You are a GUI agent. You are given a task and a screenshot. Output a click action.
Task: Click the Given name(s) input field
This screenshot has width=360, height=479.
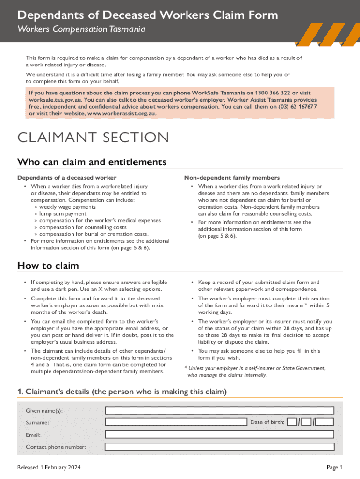click(x=219, y=411)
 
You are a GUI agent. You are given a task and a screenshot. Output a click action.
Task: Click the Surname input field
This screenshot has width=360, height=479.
click(x=176, y=422)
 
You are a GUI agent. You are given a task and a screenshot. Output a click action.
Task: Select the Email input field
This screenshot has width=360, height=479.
click(x=219, y=435)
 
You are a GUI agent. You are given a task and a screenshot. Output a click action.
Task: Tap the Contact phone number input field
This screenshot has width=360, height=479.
click(x=219, y=447)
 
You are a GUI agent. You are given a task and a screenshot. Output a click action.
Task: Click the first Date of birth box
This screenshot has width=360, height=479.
click(x=292, y=422)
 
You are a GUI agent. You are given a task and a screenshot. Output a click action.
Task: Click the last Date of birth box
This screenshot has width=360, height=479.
click(x=324, y=422)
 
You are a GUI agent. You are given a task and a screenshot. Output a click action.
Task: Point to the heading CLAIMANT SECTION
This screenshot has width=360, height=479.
click(x=93, y=138)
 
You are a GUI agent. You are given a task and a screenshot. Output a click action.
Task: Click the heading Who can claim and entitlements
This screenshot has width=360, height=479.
click(x=92, y=162)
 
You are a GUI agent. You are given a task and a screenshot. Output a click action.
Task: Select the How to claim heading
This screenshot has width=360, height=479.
click(x=48, y=266)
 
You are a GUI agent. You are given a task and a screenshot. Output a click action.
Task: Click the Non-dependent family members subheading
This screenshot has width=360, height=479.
click(x=232, y=178)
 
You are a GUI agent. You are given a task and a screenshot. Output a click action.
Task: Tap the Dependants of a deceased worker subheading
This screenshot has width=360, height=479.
click(x=67, y=178)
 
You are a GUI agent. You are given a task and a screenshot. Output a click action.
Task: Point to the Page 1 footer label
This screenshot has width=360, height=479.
click(x=334, y=467)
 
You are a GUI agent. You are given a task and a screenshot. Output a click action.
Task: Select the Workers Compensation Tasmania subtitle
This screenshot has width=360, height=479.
click(x=81, y=29)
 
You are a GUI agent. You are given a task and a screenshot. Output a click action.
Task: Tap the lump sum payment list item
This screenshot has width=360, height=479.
click(x=63, y=213)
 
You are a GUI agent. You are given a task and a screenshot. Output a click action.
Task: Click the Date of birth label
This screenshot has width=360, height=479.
click(x=267, y=422)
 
